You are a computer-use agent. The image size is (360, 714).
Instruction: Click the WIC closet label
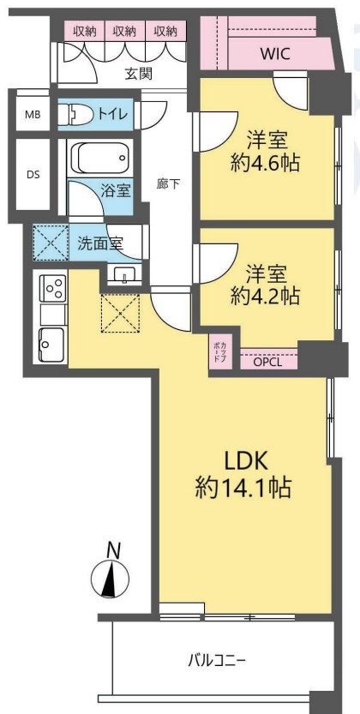click(275, 54)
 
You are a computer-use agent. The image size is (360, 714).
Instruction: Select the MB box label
click(32, 115)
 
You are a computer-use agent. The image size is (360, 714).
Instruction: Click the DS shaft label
click(33, 175)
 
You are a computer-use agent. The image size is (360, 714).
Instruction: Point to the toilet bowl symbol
click(75, 114)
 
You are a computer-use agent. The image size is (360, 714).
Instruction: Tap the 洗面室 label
click(101, 243)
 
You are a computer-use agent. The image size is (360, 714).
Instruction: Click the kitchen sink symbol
click(51, 340)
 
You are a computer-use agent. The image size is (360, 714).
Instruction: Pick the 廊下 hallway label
click(168, 183)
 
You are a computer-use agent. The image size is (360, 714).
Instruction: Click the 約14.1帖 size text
click(243, 489)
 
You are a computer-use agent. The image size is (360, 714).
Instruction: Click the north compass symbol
click(110, 580)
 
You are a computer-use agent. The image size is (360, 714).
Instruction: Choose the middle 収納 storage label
click(124, 31)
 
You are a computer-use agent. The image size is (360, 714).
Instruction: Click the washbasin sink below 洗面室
click(126, 274)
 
